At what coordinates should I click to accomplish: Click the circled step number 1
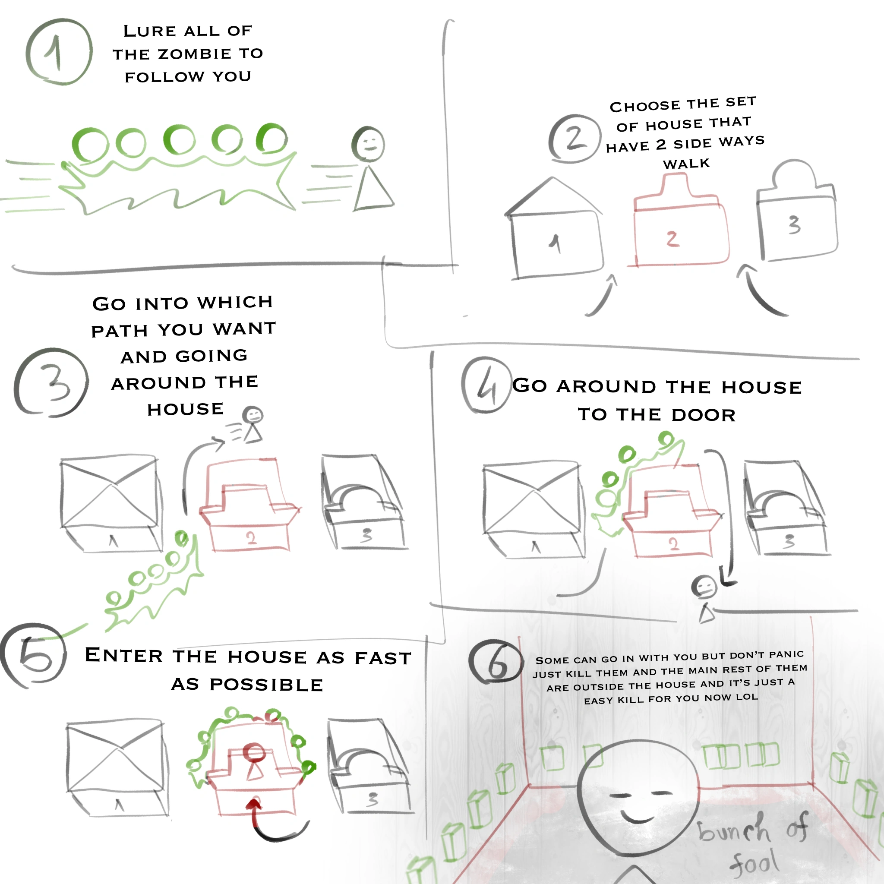tap(59, 52)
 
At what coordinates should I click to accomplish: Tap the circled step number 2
tap(575, 138)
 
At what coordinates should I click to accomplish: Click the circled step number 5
tap(34, 655)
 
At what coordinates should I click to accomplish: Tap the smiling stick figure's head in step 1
tap(368, 144)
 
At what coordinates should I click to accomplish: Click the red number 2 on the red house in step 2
tap(672, 239)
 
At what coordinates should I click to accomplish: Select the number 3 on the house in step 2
tap(794, 224)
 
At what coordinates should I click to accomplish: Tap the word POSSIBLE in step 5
tap(266, 685)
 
